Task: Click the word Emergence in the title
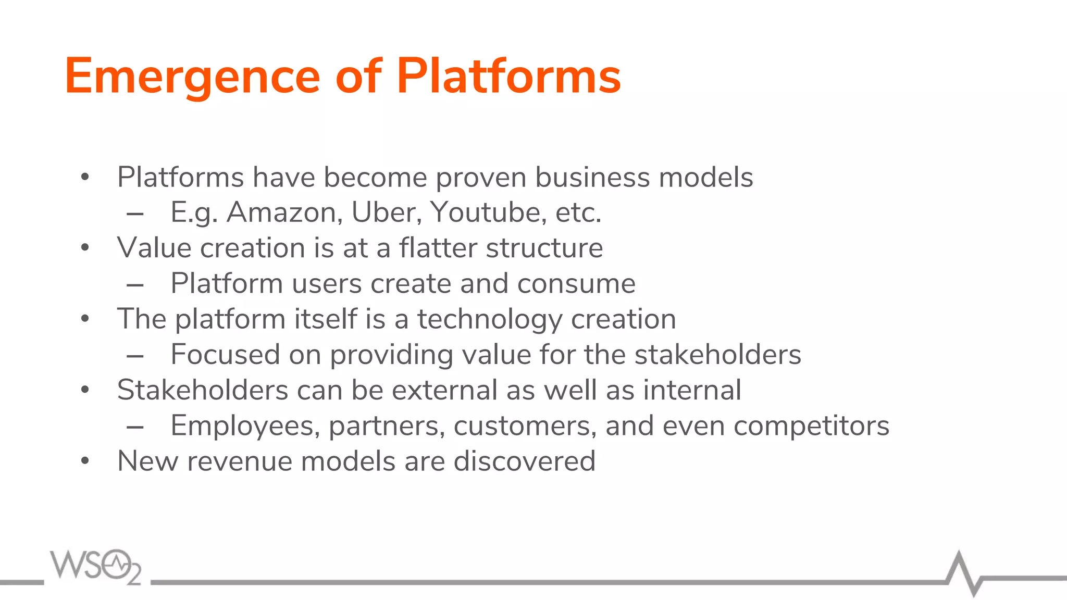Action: coord(192,77)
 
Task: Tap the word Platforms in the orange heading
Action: coord(508,76)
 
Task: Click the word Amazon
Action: coord(284,213)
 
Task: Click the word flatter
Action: coord(438,247)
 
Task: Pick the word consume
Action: coord(576,284)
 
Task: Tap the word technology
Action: coord(489,319)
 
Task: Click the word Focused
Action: coord(225,355)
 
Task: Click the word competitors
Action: coord(811,426)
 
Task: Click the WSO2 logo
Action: coord(95,566)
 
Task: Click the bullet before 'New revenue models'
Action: coord(85,461)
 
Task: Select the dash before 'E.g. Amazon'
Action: coord(135,214)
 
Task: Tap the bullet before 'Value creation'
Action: coord(85,247)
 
